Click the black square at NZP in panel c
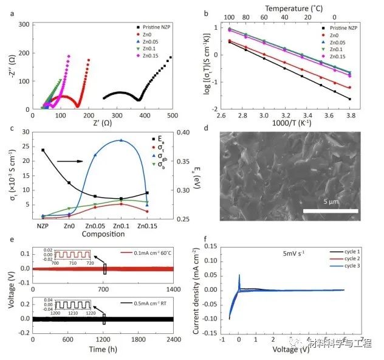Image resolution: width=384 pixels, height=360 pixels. pos(43,150)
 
